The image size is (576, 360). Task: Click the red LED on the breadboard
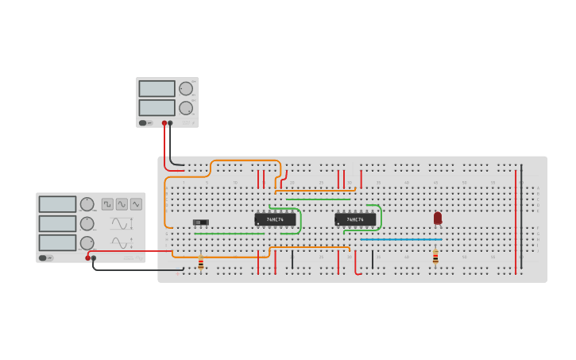[438, 218]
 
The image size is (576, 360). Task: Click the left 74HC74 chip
[275, 219]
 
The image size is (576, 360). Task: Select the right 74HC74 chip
[355, 219]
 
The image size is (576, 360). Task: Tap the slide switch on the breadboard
[201, 222]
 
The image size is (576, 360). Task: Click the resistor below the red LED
[435, 257]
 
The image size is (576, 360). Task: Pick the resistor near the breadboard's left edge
[200, 263]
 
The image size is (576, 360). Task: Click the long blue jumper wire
[401, 239]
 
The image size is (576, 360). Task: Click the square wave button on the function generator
[107, 204]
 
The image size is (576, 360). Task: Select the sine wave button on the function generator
[122, 204]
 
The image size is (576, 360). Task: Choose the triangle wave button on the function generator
[136, 204]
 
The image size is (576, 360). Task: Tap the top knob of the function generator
[87, 204]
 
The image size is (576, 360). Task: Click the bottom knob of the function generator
[87, 242]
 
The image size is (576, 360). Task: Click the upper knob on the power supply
[186, 89]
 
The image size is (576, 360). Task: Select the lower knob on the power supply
[186, 108]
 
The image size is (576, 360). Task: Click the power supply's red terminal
[164, 123]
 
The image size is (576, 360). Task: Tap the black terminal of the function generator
[94, 258]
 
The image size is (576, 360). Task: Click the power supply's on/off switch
[144, 123]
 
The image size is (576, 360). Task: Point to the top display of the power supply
[157, 88]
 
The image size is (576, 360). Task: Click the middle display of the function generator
[57, 223]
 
